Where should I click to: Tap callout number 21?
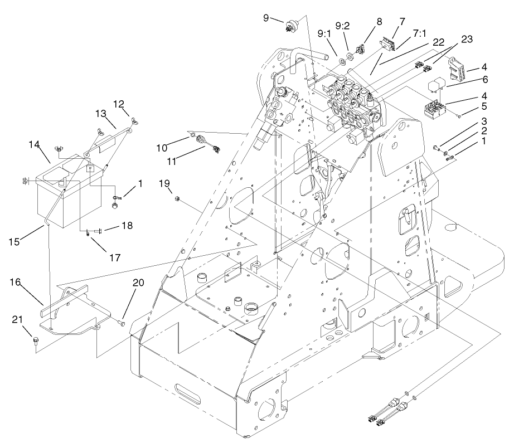pos(17,319)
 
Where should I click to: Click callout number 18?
pos(127,226)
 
